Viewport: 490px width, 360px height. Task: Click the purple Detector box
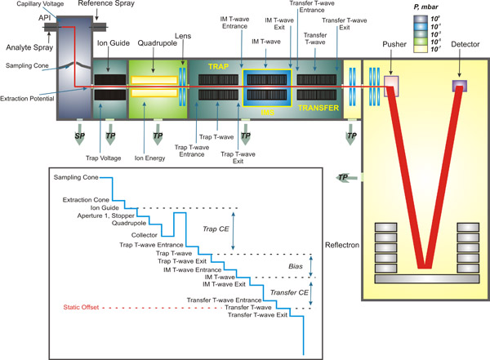pyautogui.click(x=459, y=86)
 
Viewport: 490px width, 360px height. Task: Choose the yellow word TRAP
pyautogui.click(x=219, y=64)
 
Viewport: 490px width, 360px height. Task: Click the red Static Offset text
pyautogui.click(x=87, y=308)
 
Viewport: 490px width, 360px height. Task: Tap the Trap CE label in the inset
pyautogui.click(x=213, y=229)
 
